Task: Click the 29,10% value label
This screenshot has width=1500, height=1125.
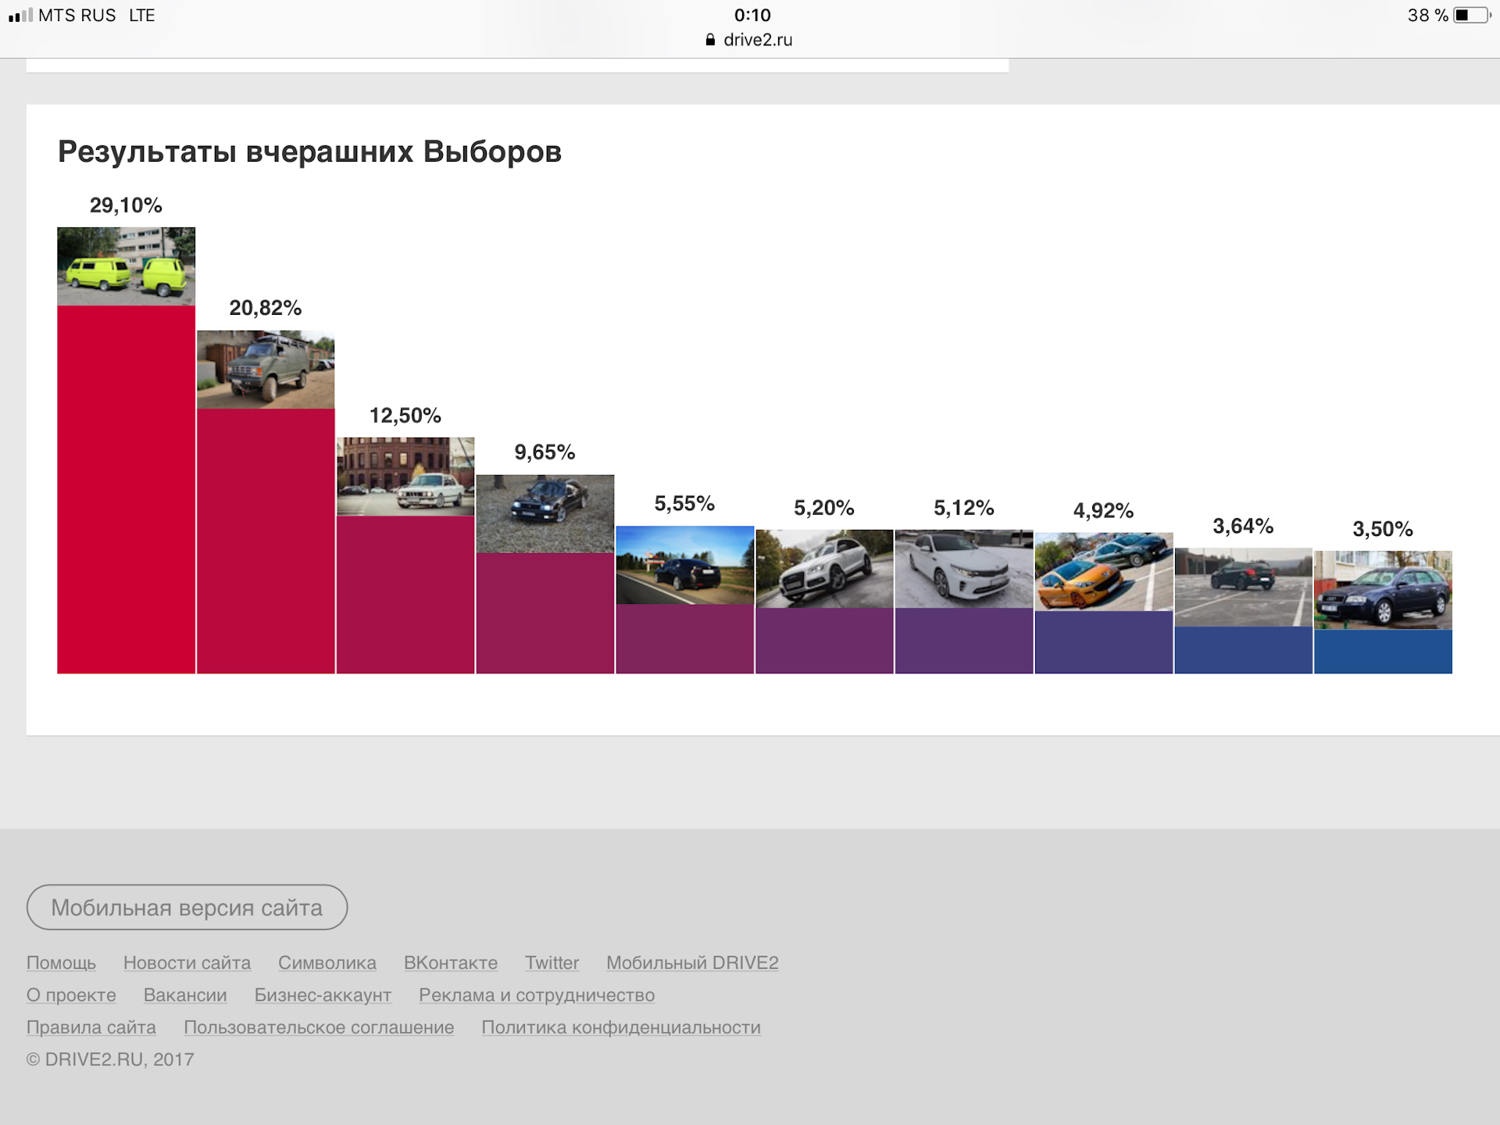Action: (x=126, y=205)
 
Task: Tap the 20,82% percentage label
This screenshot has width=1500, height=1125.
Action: (x=265, y=308)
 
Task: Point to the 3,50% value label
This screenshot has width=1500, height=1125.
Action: (x=1382, y=529)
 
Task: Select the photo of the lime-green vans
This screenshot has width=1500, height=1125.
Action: (x=126, y=266)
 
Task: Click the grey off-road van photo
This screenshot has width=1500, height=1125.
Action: (x=266, y=370)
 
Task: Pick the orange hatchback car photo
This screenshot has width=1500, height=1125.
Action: (x=1103, y=572)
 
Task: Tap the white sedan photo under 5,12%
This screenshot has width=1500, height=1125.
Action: (x=963, y=569)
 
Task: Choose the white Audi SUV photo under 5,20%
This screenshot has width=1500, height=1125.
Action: (x=824, y=569)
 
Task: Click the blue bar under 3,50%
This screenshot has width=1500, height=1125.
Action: (x=1383, y=652)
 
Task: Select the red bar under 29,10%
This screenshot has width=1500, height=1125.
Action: (x=126, y=489)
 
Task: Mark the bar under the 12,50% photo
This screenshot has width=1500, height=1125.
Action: (x=405, y=594)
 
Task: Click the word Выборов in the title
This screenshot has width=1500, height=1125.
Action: (x=492, y=152)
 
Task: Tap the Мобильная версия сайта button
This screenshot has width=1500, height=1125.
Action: (x=187, y=907)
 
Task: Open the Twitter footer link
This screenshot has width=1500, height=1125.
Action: (x=552, y=962)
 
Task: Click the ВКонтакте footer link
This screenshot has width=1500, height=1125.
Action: (x=450, y=962)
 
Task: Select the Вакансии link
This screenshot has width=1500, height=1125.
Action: (x=185, y=995)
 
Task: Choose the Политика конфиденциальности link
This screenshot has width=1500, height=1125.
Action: (x=621, y=1027)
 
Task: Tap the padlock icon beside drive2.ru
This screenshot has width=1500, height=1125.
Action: (x=710, y=40)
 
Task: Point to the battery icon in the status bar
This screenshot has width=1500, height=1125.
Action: (x=1471, y=16)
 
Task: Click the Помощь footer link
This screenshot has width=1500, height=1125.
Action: (x=61, y=962)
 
